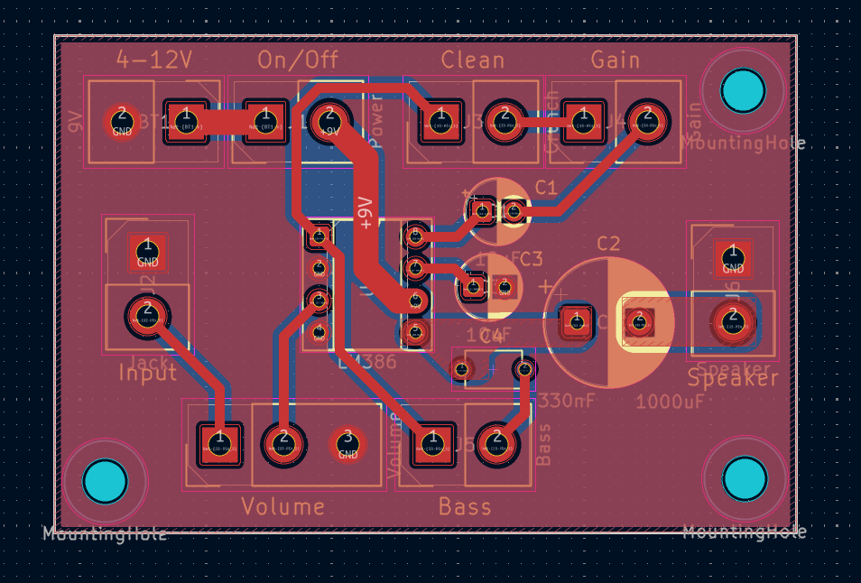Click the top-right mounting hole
tap(743, 90)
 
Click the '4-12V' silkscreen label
tap(154, 60)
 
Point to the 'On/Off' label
tap(298, 60)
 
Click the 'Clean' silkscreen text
tap(472, 60)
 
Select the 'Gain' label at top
tap(615, 60)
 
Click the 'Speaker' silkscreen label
tap(732, 378)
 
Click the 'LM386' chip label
tap(366, 363)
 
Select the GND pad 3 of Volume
tap(347, 444)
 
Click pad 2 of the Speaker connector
tap(732, 319)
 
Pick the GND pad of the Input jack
tap(147, 251)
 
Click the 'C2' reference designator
tap(609, 244)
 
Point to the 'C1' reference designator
tap(546, 188)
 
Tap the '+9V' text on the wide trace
tap(366, 212)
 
